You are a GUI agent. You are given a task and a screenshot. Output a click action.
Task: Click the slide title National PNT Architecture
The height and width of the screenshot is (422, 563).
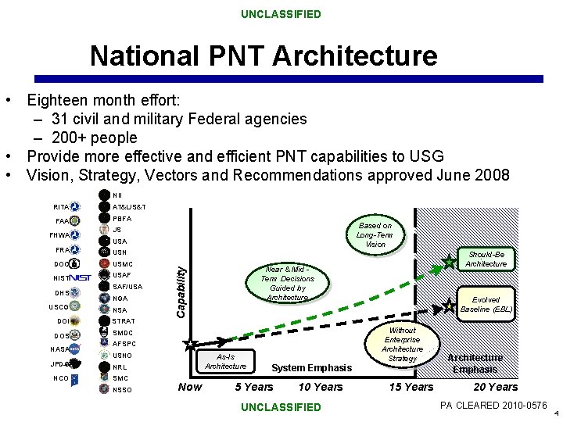[264, 56]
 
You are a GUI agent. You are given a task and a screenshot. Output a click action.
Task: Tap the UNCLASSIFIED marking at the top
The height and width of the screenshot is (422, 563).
[280, 14]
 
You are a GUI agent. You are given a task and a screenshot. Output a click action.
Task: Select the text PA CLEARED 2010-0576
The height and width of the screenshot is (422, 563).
[493, 405]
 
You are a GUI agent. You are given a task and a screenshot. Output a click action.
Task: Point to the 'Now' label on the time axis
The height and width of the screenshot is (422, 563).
[190, 387]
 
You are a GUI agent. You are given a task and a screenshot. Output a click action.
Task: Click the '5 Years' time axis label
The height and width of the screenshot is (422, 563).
[254, 387]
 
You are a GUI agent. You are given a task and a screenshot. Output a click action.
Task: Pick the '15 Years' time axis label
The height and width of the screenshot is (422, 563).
[411, 387]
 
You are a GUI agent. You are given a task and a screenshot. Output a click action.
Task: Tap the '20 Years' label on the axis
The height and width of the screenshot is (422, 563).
[496, 387]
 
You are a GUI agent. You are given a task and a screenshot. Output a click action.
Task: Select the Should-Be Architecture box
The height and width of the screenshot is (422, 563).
[486, 259]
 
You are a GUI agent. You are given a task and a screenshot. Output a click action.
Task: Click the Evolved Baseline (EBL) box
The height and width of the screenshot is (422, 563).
[486, 305]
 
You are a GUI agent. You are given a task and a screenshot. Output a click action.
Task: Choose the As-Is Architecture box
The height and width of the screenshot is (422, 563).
[225, 360]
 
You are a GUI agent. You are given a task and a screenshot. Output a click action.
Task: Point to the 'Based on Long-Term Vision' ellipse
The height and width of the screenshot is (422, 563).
[375, 234]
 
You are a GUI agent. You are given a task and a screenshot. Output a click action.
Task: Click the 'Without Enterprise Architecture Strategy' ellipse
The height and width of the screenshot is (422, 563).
[403, 345]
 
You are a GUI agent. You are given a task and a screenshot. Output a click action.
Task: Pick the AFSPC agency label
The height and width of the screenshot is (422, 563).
[125, 343]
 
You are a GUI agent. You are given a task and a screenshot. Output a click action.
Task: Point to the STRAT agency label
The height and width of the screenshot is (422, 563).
[124, 321]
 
